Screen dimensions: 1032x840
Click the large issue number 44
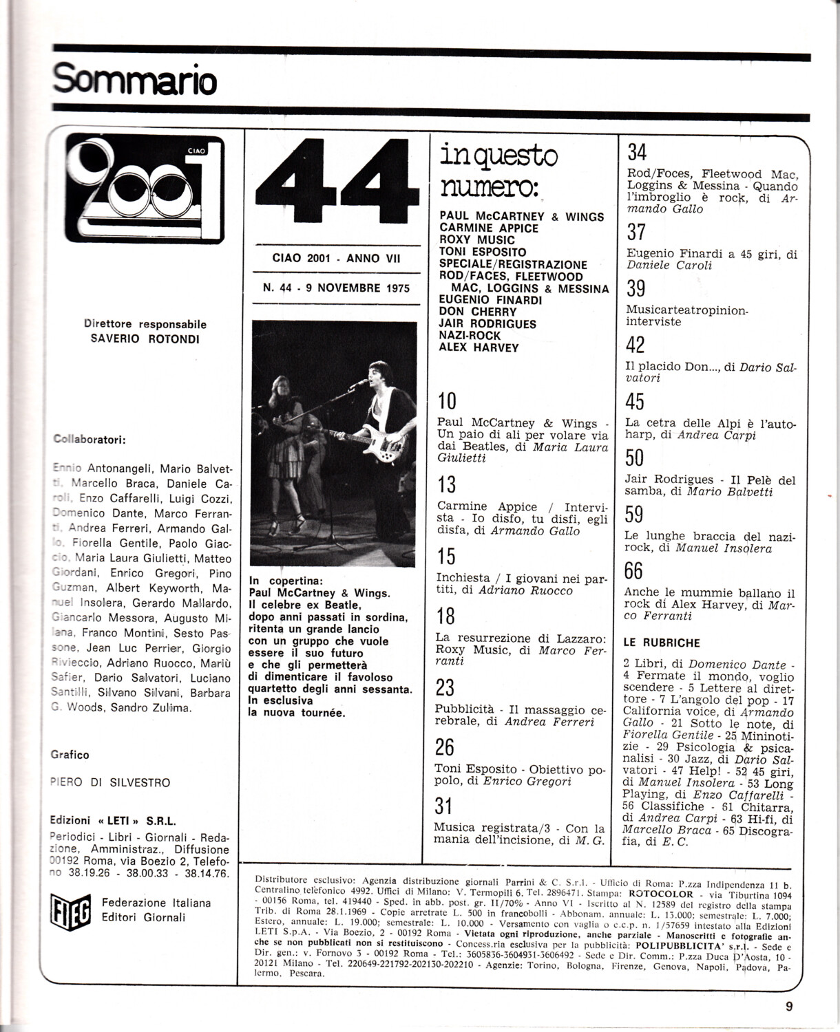pyautogui.click(x=333, y=180)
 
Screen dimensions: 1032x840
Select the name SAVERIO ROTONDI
pyautogui.click(x=145, y=338)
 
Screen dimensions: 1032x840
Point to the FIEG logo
pyautogui.click(x=69, y=910)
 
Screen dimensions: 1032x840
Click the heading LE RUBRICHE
pyautogui.click(x=661, y=643)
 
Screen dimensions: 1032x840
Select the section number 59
pyautogui.click(x=634, y=514)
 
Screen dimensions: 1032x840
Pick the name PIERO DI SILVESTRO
pyautogui.click(x=110, y=783)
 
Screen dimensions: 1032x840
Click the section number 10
pyautogui.click(x=447, y=400)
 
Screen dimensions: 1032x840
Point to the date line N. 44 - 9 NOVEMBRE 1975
pyautogui.click(x=336, y=288)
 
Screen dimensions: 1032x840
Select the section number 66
pyautogui.click(x=633, y=571)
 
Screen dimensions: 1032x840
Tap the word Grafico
pyautogui.click(x=70, y=755)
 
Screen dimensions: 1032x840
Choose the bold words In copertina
pyautogui.click(x=285, y=581)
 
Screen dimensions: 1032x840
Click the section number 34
pyautogui.click(x=637, y=152)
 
